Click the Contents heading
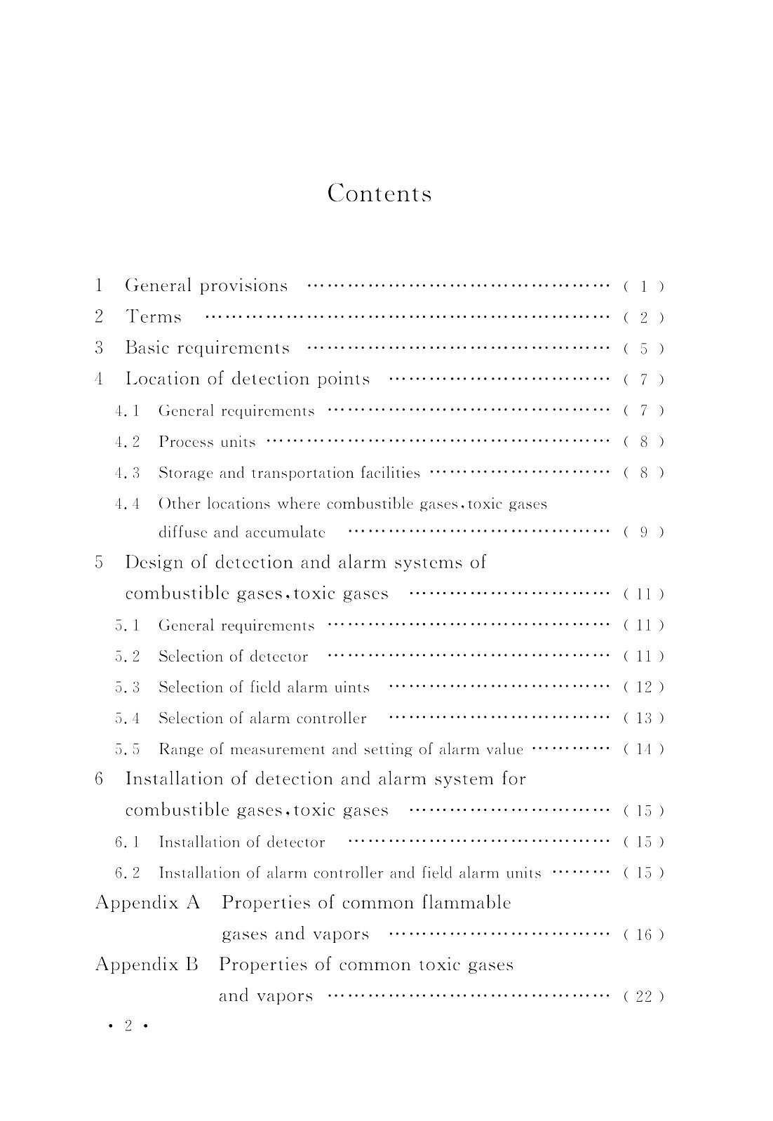tap(379, 193)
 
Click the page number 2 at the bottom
tap(128, 1026)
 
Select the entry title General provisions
tap(206, 286)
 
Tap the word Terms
tap(154, 317)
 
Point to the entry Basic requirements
tap(207, 348)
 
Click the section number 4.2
tap(128, 442)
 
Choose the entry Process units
tap(207, 442)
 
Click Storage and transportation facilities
tap(289, 473)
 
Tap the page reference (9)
tap(643, 532)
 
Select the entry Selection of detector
tap(233, 657)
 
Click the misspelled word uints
tap(352, 687)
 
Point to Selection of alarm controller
tap(262, 718)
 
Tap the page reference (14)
tap(643, 749)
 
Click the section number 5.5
tap(128, 749)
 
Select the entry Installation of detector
tap(242, 842)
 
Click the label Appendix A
tap(148, 903)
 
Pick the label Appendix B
tap(147, 965)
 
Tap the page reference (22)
tap(643, 996)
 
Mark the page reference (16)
tap(643, 934)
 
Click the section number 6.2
tap(128, 873)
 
